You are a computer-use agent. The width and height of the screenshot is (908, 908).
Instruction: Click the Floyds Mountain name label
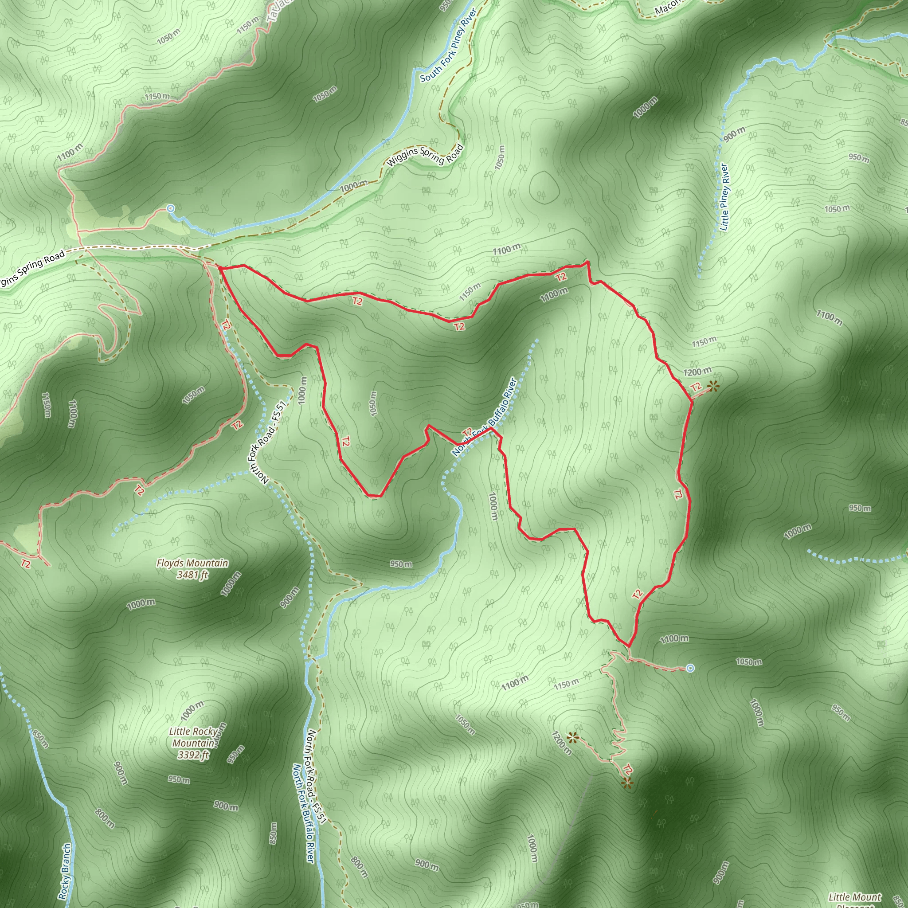coord(192,563)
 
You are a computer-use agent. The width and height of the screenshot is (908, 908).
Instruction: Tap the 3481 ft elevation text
coord(192,574)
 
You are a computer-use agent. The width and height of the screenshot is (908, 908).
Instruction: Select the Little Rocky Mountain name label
coord(193,737)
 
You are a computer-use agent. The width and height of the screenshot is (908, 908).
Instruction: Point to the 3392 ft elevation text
coord(193,755)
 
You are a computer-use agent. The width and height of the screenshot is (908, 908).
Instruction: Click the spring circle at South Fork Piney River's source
coord(171,208)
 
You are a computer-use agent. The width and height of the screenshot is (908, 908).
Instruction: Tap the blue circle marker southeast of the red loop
coord(690,668)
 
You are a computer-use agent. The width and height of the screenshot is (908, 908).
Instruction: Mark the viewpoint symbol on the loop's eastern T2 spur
coord(713,387)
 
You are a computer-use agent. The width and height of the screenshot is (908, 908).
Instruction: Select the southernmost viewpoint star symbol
coord(627,783)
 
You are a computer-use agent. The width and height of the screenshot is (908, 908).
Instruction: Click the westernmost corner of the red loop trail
coord(219,268)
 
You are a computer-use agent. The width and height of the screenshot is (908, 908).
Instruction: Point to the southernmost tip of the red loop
coord(628,646)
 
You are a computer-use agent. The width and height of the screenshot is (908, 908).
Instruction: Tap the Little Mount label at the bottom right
coord(854,897)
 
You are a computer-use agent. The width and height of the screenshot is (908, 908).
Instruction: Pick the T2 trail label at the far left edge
coord(25,563)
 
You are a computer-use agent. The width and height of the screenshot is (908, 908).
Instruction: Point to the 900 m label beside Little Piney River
coord(734,134)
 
